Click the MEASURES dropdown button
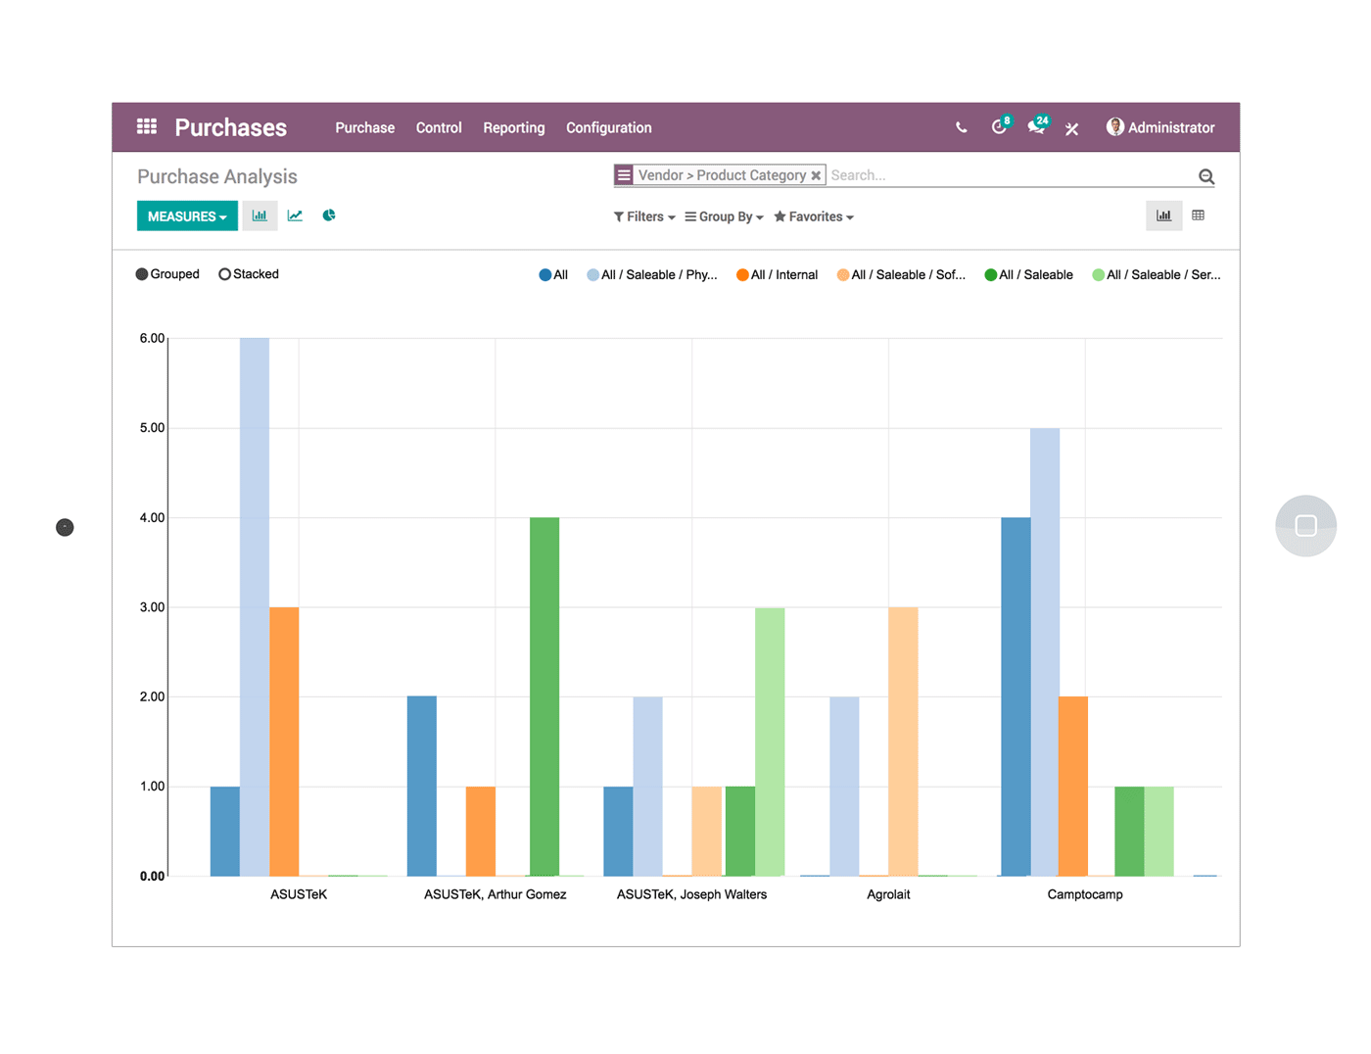pyautogui.click(x=186, y=216)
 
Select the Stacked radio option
pyautogui.click(x=249, y=274)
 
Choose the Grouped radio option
pyautogui.click(x=167, y=274)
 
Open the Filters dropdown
pyautogui.click(x=644, y=216)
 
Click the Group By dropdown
pyautogui.click(x=725, y=216)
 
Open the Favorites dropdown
pyautogui.click(x=814, y=216)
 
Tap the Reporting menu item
pyautogui.click(x=513, y=128)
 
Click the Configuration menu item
pyautogui.click(x=608, y=128)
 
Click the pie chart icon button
pyautogui.click(x=329, y=216)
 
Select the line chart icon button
pyautogui.click(x=295, y=216)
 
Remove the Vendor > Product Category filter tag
pyautogui.click(x=816, y=176)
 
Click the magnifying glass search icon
pyautogui.click(x=1206, y=176)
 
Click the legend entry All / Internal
pyautogui.click(x=777, y=275)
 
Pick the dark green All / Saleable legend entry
pyautogui.click(x=1028, y=275)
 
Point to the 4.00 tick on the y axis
pyautogui.click(x=152, y=517)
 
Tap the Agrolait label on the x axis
pyautogui.click(x=888, y=894)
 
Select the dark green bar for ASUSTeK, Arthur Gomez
pyautogui.click(x=544, y=695)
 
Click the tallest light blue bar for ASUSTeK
pyautogui.click(x=255, y=607)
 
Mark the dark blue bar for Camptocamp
pyautogui.click(x=1016, y=695)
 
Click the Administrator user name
pyautogui.click(x=1170, y=128)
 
